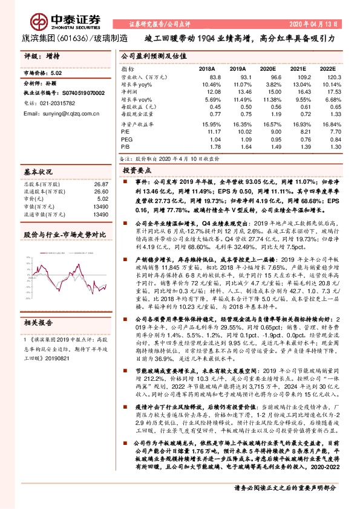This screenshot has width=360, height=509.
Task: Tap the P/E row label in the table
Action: click(125, 130)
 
